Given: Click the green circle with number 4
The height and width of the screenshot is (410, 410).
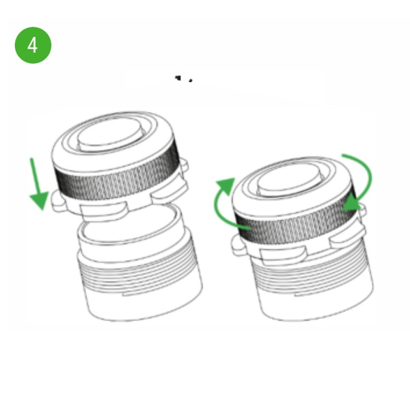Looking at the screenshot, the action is [33, 45].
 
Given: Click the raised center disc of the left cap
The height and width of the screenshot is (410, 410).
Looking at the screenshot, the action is [109, 135].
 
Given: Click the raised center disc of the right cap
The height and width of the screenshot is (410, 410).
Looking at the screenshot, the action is [288, 180].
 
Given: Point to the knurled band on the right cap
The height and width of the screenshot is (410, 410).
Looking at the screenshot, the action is [295, 225].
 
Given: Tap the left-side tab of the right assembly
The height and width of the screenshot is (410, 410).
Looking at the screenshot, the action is [238, 245].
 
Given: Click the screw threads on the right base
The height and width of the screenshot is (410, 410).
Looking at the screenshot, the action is [311, 272].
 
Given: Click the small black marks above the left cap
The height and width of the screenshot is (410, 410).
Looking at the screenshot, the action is [184, 79].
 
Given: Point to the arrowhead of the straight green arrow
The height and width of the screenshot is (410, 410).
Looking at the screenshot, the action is [40, 201].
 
